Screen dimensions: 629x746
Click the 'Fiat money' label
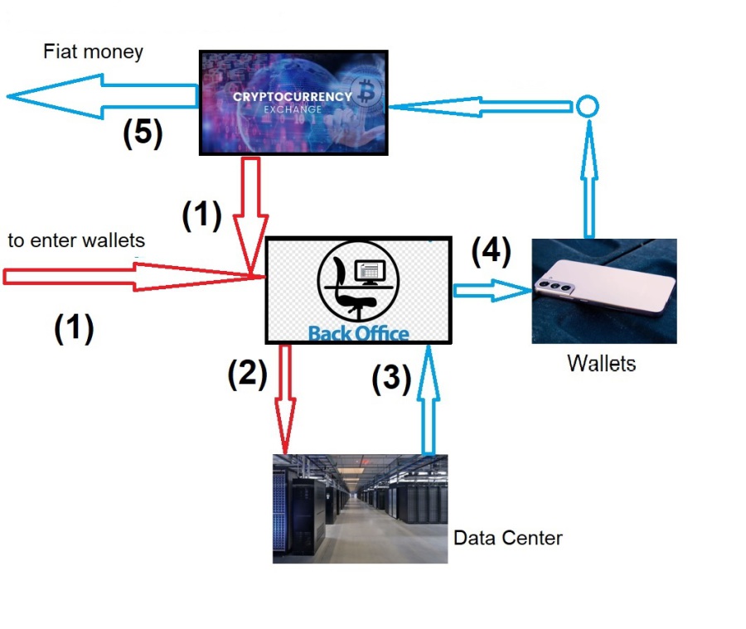[x=93, y=52]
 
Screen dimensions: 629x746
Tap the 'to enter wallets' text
[x=76, y=241]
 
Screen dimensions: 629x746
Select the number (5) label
[x=143, y=133]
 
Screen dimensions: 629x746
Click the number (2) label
[x=247, y=375]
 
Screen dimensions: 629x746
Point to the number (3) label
[x=390, y=378]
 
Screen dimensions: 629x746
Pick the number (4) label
[x=491, y=251]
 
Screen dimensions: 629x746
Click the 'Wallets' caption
[x=602, y=363]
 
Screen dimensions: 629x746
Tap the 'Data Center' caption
[x=507, y=538]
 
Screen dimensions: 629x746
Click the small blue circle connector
[x=587, y=107]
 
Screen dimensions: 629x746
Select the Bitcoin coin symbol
[x=363, y=90]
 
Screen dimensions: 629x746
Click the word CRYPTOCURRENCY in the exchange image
[x=292, y=96]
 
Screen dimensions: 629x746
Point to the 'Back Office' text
[x=358, y=333]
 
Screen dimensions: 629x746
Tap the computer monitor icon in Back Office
[x=369, y=271]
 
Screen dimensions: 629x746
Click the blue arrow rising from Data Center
[x=429, y=398]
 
